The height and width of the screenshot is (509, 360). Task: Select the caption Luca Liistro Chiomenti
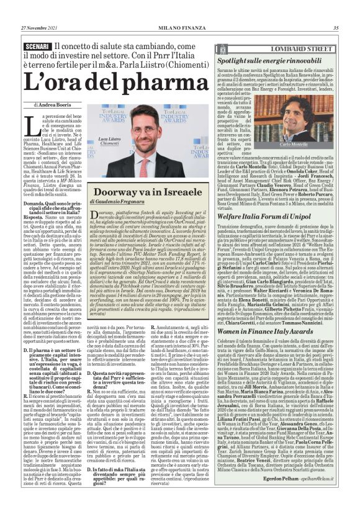point(109,141)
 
